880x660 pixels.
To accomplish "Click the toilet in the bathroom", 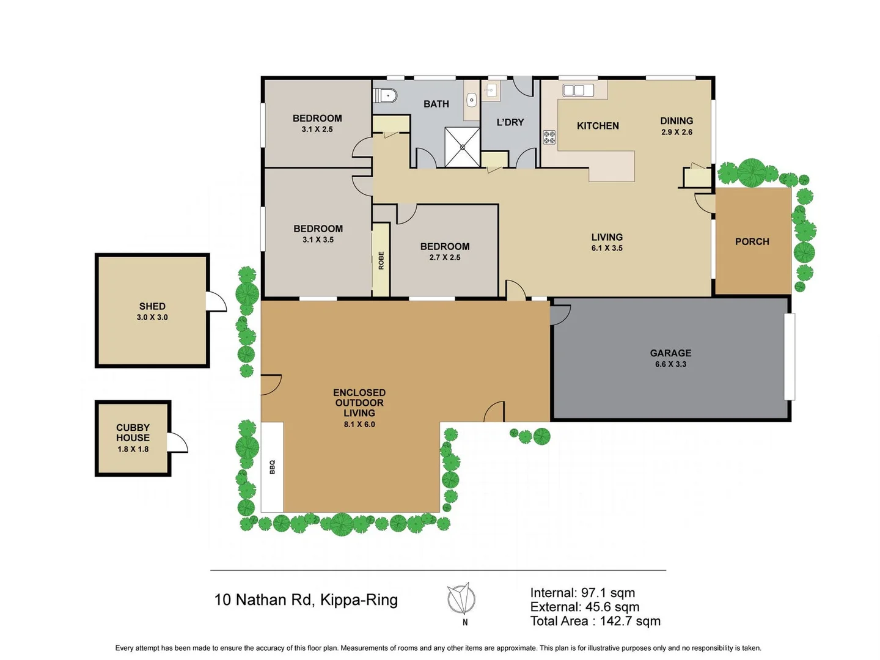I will pos(387,96).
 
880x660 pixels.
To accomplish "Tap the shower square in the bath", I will pos(462,147).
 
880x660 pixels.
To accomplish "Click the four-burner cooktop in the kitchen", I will pos(549,137).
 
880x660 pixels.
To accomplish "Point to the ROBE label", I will pos(381,260).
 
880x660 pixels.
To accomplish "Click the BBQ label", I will pos(273,467).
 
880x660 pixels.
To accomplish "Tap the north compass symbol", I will pos(461,599).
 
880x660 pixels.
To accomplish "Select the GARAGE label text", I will pos(670,353).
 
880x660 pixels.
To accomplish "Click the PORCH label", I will pos(752,242).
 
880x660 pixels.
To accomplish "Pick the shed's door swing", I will pos(216,302).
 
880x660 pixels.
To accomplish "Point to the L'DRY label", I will pos(510,122).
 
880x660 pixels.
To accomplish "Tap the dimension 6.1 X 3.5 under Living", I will pos(607,248).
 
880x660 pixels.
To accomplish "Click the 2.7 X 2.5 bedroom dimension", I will pos(445,257).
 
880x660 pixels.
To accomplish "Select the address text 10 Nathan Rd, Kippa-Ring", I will pos(306,600).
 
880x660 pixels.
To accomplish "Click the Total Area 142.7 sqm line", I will pos(595,621).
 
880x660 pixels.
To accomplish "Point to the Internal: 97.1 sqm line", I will pos(582,593).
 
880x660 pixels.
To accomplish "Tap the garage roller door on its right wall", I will pos(790,356).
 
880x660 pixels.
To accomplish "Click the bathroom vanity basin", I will pos(471,100).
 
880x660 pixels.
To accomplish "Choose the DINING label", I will pos(676,121).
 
